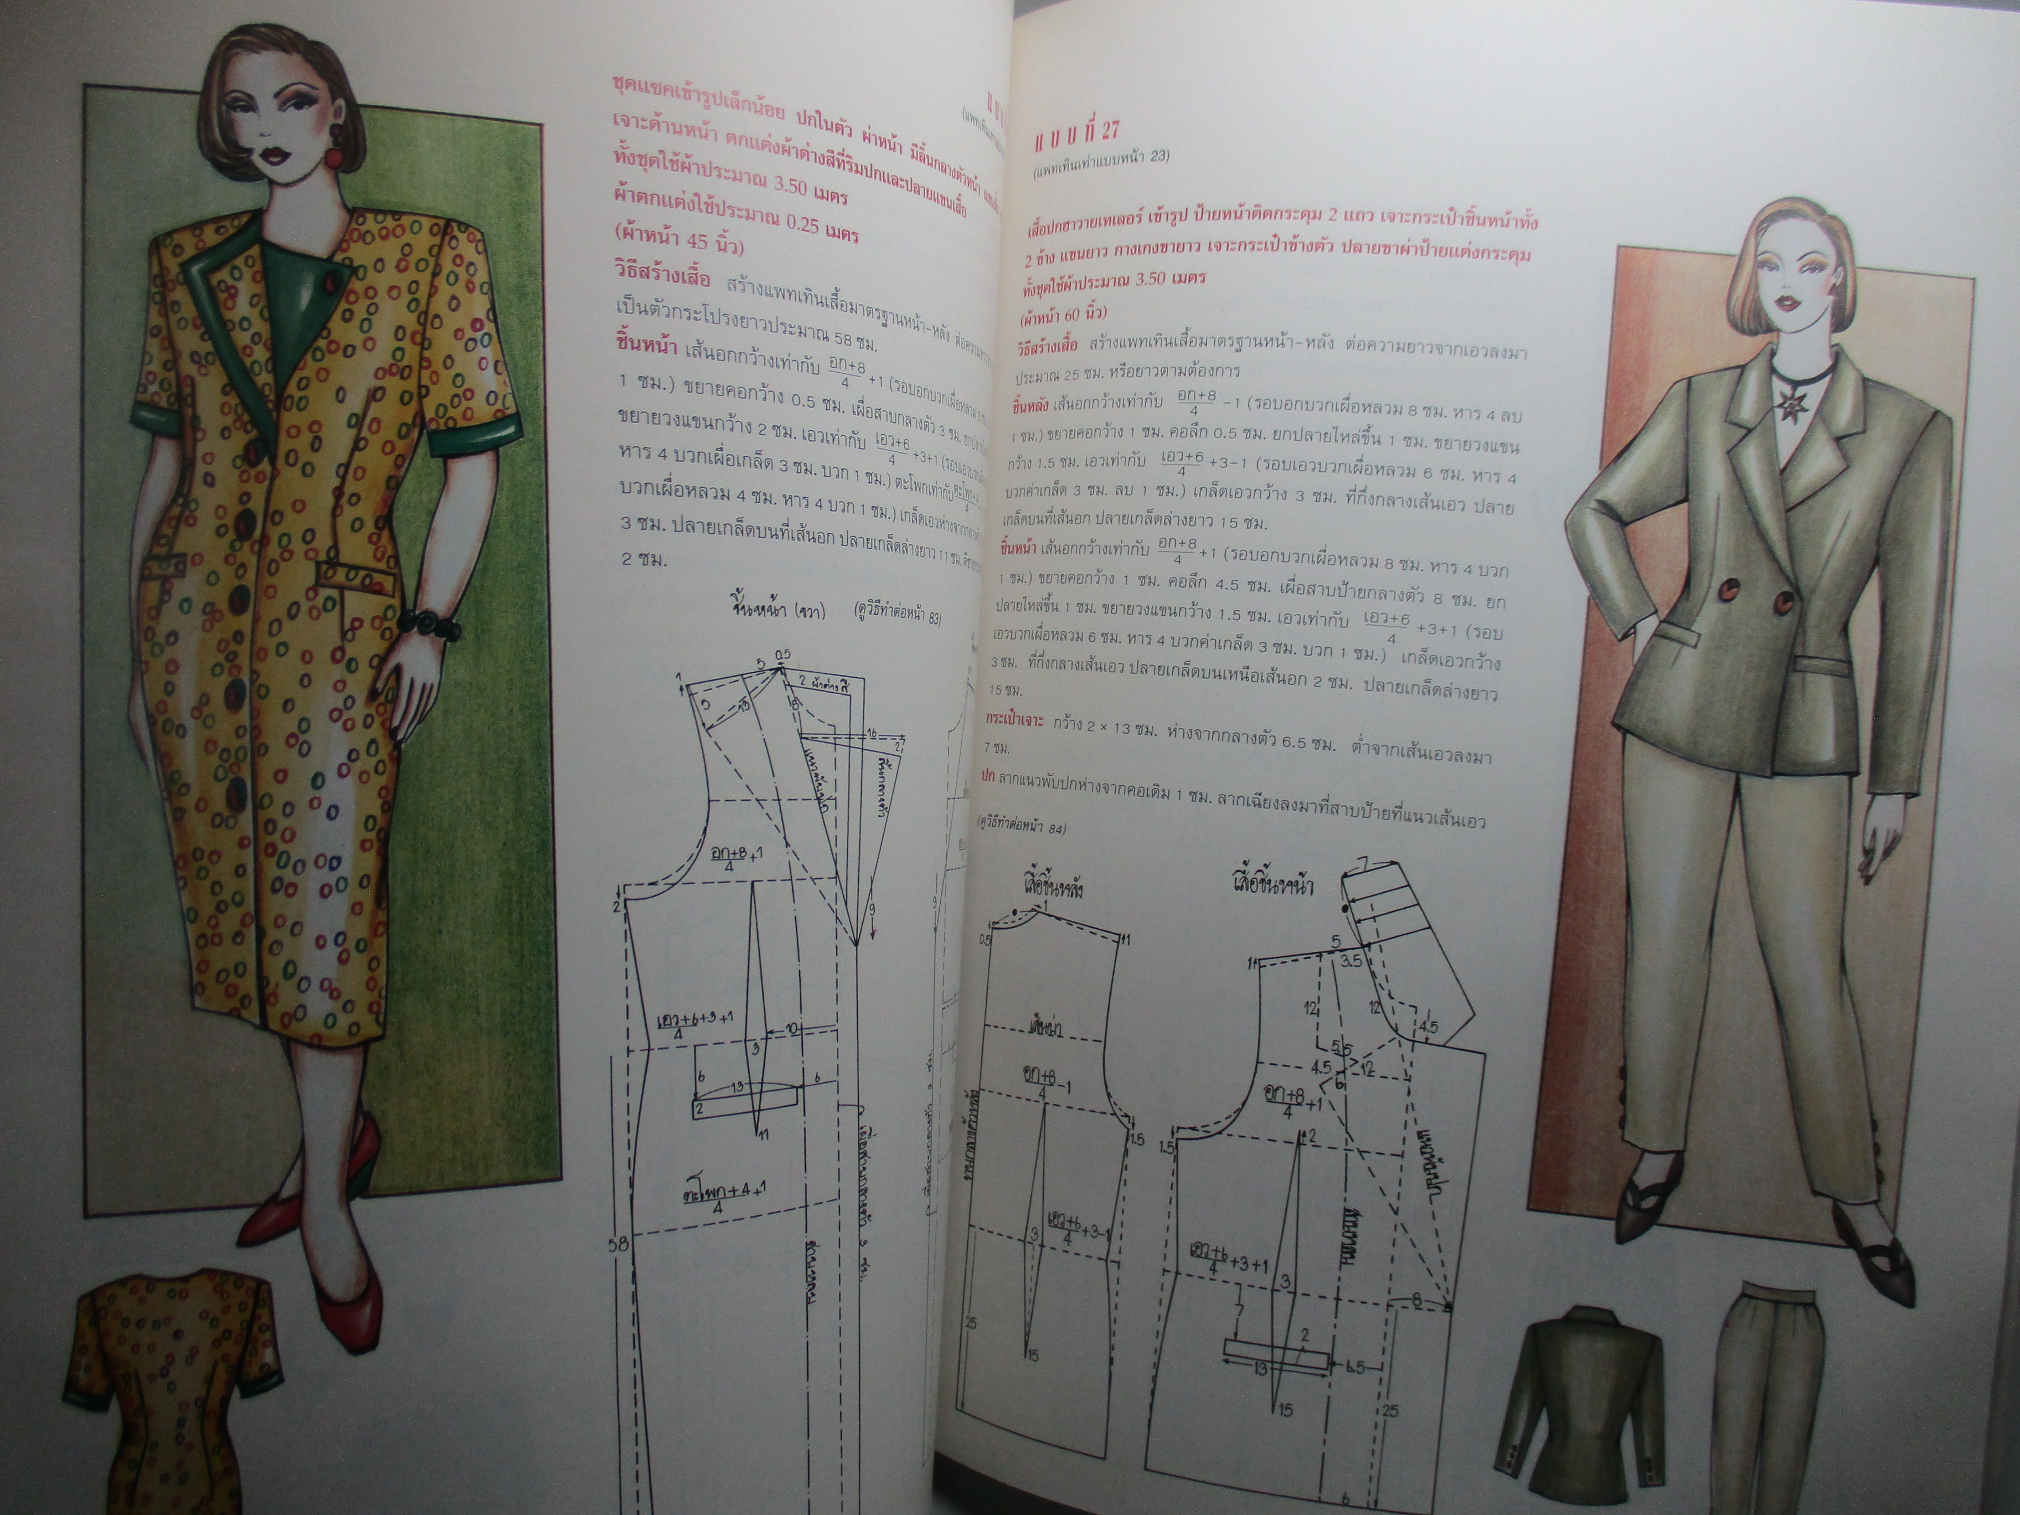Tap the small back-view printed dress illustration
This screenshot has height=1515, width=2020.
(x=173, y=1370)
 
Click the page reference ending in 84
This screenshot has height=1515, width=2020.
(x=1021, y=826)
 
